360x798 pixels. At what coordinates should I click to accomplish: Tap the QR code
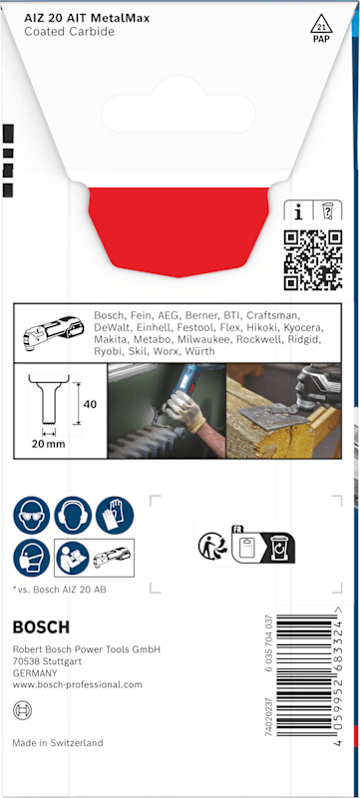pos(312,260)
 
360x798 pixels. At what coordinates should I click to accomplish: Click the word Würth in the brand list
pos(199,351)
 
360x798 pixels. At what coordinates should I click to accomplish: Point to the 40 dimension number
pos(91,405)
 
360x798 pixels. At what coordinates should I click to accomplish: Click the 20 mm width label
pos(48,444)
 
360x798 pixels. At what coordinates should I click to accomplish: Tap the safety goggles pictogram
pos(32,515)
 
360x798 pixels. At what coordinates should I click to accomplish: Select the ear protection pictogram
pos(73,515)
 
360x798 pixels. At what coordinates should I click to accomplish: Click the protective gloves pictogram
pos(115,515)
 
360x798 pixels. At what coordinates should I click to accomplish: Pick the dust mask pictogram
pos(32,558)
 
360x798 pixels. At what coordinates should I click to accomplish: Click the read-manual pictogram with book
pos(72,558)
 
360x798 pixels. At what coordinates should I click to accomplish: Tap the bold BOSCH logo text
pos(41,627)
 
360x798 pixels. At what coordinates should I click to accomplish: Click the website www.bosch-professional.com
pos(78,684)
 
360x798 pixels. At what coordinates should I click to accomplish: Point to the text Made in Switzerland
pos(58,742)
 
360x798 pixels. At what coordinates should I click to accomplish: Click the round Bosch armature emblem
pos(22,709)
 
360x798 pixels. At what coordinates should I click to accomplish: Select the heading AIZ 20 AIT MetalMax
pos(87,19)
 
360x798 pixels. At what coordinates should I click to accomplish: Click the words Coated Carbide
pos(69,32)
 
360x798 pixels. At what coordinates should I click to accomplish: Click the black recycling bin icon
pos(278,547)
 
